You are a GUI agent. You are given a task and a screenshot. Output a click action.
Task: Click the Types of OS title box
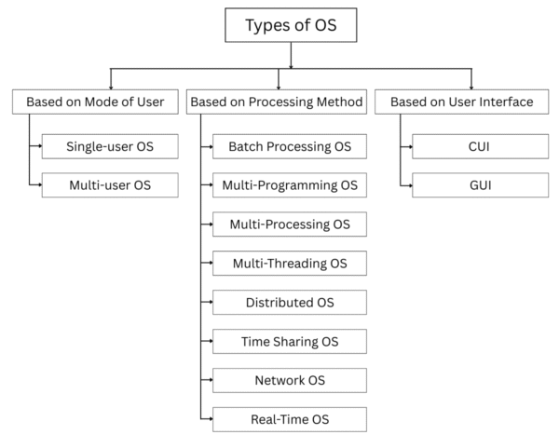(x=291, y=25)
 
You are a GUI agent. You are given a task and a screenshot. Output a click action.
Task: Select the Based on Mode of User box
(x=94, y=102)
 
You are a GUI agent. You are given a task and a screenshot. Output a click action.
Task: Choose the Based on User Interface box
(x=462, y=102)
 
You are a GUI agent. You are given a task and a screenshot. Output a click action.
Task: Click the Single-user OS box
(x=109, y=146)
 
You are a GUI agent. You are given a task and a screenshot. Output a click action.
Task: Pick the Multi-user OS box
(x=109, y=184)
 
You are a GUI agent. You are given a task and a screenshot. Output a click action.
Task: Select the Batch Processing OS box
(x=289, y=146)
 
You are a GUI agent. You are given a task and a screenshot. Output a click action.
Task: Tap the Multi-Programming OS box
(x=289, y=184)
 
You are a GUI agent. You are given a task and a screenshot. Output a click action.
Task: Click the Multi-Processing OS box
(x=289, y=224)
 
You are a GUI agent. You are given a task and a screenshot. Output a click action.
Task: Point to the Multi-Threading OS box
(x=289, y=263)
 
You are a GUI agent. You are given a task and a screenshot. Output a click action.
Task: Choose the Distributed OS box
(x=289, y=302)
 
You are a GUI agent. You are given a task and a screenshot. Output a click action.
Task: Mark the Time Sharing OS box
(x=289, y=341)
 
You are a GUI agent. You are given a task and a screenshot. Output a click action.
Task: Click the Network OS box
(x=289, y=380)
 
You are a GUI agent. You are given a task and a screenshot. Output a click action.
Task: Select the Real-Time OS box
(x=289, y=418)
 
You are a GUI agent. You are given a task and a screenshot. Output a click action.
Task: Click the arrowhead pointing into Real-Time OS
(x=209, y=418)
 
